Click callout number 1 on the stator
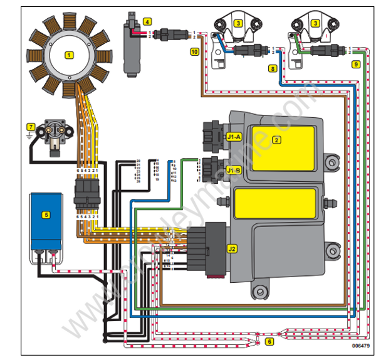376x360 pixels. point(69,55)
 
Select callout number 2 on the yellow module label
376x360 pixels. point(276,140)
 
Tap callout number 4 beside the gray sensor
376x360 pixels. point(147,21)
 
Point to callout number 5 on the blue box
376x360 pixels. point(45,214)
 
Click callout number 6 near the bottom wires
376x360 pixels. point(269,342)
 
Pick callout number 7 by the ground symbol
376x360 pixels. point(29,127)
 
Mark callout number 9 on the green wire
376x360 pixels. point(355,63)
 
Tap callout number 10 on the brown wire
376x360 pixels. point(194,50)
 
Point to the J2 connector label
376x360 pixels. point(232,248)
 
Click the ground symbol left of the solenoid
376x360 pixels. point(29,140)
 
